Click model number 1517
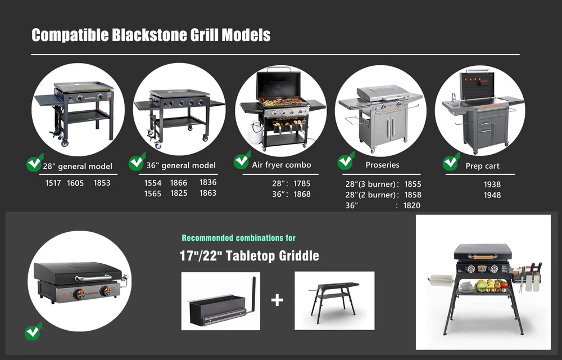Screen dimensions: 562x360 (x=53, y=183)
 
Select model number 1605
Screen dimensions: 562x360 (x=75, y=183)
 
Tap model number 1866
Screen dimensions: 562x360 (x=179, y=182)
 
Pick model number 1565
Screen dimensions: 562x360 (x=153, y=193)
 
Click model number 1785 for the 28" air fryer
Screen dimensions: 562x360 (x=302, y=183)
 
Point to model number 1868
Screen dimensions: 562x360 (x=302, y=194)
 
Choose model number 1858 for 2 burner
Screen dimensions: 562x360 (x=413, y=195)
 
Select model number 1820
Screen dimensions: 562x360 (x=412, y=205)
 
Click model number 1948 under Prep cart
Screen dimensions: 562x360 (x=492, y=195)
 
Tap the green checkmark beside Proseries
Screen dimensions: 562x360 (x=346, y=161)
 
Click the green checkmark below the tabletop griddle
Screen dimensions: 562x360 (x=33, y=331)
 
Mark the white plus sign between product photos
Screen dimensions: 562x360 (x=277, y=300)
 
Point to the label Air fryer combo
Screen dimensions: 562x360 (x=282, y=165)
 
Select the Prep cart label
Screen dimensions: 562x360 (x=482, y=166)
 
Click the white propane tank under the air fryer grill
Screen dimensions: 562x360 (x=254, y=132)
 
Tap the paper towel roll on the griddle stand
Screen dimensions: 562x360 (x=441, y=280)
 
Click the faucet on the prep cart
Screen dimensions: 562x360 (x=454, y=97)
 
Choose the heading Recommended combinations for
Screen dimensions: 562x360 (x=239, y=238)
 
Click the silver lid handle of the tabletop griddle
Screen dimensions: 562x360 (x=94, y=278)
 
